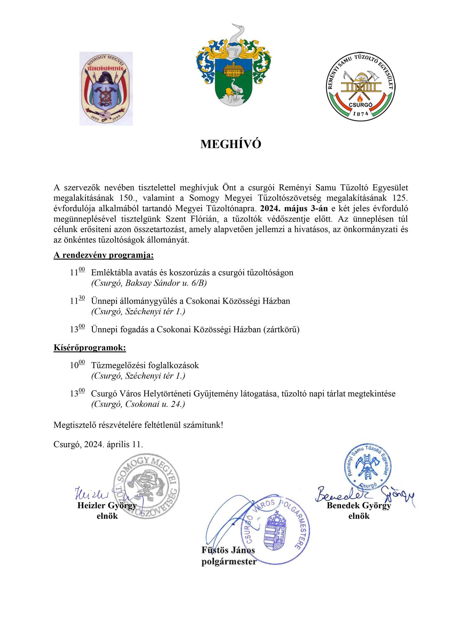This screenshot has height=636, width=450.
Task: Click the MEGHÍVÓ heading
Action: point(231,144)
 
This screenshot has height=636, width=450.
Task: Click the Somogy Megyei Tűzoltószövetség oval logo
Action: point(106,89)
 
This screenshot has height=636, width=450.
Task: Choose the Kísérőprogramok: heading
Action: point(90,348)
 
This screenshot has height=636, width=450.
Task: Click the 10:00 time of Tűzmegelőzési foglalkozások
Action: point(77,365)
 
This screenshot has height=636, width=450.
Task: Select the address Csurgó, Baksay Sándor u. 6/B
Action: point(149,283)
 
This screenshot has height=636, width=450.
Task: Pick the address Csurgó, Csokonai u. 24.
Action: point(138,404)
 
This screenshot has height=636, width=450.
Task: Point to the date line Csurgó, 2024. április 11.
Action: point(98,444)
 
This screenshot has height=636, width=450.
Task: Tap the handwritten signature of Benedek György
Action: point(364,493)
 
